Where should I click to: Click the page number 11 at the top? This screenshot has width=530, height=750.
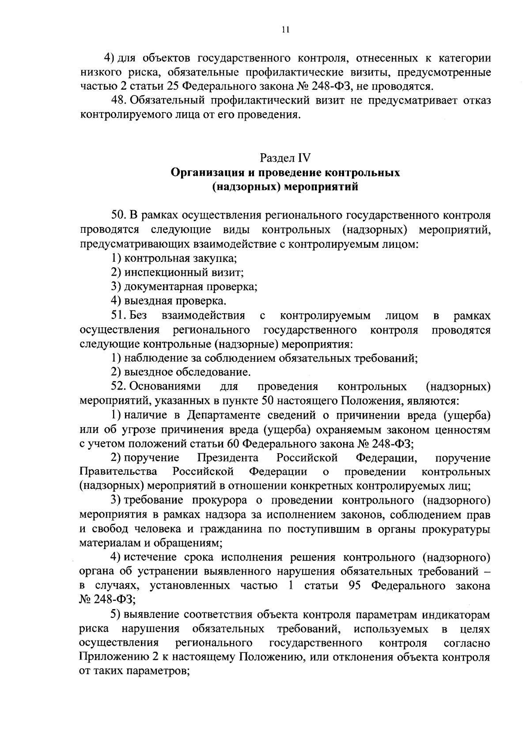[285, 30]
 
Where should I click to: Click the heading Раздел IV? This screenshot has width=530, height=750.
[285, 158]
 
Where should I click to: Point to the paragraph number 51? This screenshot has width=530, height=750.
[118, 316]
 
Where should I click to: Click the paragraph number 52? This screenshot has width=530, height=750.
[118, 387]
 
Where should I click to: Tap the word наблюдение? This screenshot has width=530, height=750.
[151, 358]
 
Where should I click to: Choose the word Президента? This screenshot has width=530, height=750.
[227, 458]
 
